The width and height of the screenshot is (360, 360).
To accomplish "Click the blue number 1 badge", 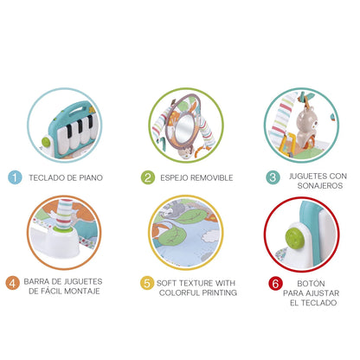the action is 15,177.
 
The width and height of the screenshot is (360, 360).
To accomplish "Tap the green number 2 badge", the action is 148,177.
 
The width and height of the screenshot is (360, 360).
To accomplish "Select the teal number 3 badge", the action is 273,177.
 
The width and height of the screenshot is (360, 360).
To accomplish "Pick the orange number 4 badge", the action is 13,283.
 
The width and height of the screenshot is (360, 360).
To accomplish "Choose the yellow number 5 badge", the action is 147,283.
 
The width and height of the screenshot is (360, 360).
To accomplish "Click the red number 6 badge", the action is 275,283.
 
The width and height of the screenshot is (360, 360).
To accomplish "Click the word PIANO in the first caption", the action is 91,177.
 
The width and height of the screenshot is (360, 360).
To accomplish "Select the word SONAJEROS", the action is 320,185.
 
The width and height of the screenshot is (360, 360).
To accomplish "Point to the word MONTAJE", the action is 81,291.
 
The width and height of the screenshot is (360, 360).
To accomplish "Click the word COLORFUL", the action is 179,292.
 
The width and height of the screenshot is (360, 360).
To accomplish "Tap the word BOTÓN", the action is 311,283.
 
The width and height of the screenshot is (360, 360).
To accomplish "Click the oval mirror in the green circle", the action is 184,127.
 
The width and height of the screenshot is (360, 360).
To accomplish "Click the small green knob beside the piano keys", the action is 46,142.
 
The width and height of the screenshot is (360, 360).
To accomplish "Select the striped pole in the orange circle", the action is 65,214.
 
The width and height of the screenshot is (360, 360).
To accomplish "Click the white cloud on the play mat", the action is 210,236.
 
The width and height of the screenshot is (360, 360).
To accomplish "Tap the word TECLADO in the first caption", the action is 46,177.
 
